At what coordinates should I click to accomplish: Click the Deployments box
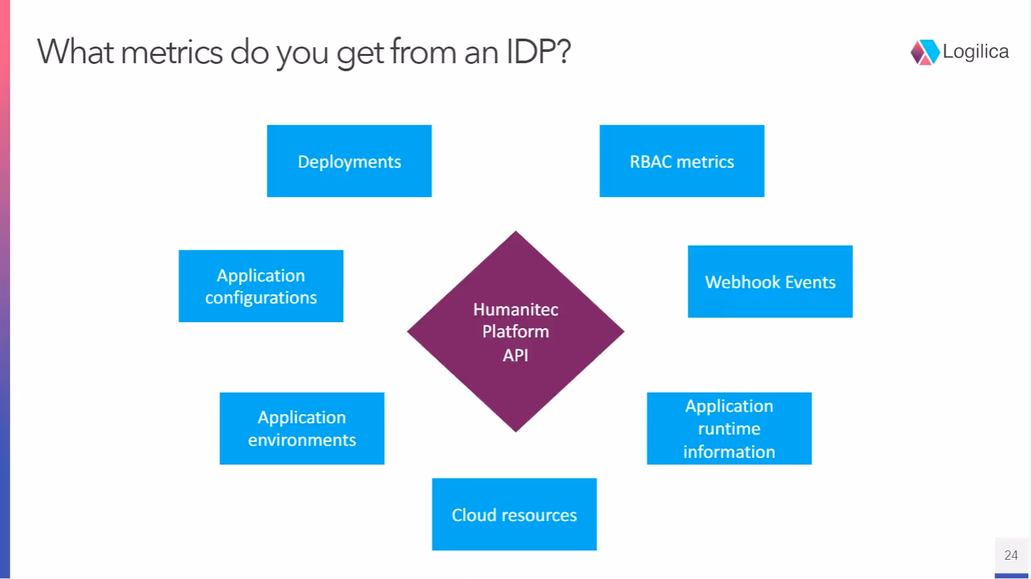[349, 161]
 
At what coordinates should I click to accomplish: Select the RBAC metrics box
[682, 161]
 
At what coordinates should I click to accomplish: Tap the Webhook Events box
[770, 282]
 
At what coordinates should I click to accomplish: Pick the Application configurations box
[261, 286]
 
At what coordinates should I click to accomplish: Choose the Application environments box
[302, 429]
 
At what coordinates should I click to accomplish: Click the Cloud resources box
[514, 514]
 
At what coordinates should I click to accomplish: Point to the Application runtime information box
[729, 429]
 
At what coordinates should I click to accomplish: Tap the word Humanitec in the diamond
[516, 309]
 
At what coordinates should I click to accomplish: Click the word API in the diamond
[516, 355]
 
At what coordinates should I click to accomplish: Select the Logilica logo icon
[925, 52]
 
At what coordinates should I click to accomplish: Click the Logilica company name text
[975, 52]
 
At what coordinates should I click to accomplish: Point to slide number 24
[1011, 555]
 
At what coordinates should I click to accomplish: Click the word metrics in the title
[172, 52]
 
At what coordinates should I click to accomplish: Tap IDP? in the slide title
[538, 52]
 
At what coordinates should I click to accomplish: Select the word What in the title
[75, 52]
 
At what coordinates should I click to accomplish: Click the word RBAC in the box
[650, 162]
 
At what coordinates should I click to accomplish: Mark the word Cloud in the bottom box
[474, 515]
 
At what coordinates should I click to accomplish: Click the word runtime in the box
[729, 429]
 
